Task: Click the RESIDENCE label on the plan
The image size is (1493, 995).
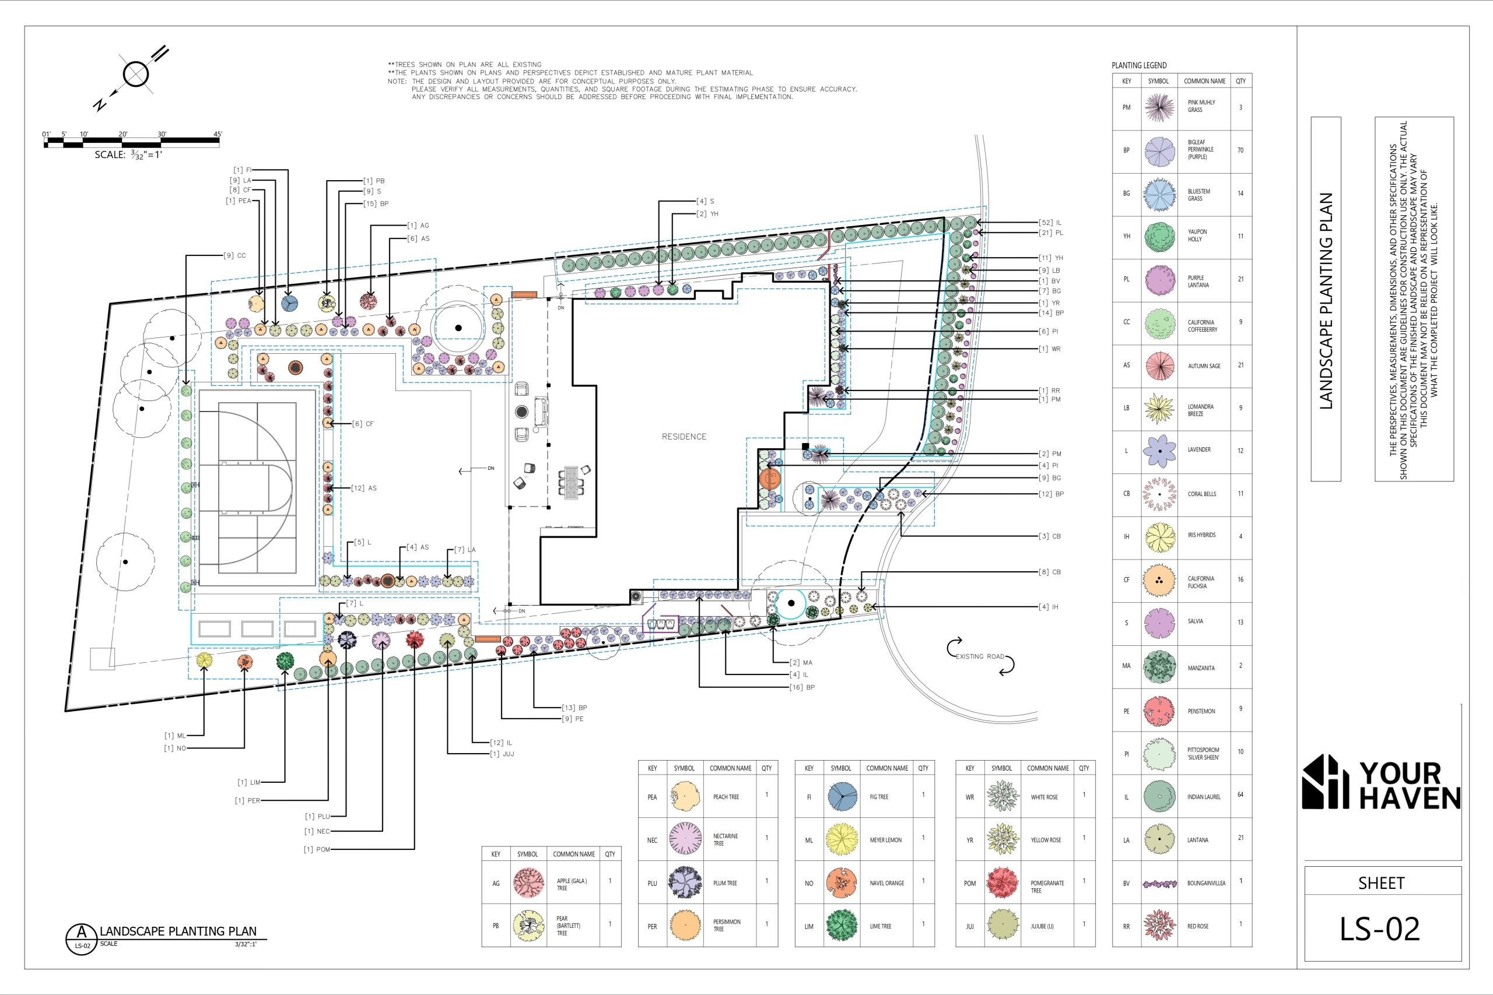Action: [684, 437]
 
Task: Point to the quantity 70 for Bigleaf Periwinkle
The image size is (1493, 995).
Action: [1240, 150]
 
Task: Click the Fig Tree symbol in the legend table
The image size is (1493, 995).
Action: [843, 797]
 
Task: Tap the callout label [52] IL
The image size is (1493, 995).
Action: [1050, 223]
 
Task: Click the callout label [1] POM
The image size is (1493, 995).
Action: [317, 849]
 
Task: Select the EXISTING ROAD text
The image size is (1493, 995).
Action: [980, 656]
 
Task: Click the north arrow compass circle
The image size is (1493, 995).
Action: [136, 73]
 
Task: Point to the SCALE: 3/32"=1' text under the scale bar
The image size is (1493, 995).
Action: [129, 154]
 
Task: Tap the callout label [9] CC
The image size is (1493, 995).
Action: [234, 256]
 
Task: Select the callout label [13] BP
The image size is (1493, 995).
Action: [574, 708]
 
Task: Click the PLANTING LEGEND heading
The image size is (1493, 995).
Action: [1139, 65]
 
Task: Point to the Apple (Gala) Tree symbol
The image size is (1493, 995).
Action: [528, 883]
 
